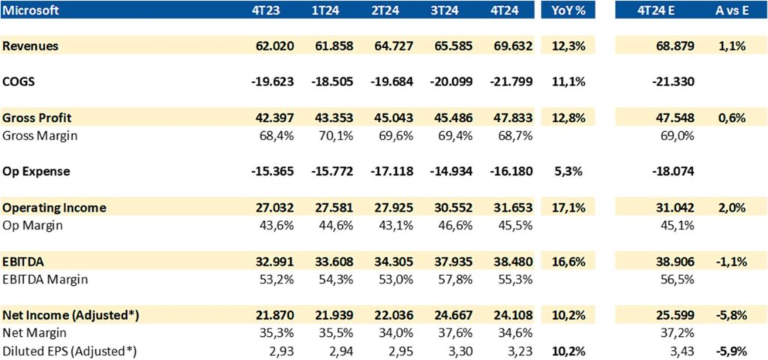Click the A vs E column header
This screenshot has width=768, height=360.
click(730, 10)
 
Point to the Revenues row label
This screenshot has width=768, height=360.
click(31, 46)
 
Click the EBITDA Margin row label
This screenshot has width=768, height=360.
click(45, 279)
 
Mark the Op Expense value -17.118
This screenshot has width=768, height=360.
click(392, 171)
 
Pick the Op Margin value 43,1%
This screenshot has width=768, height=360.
click(398, 225)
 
